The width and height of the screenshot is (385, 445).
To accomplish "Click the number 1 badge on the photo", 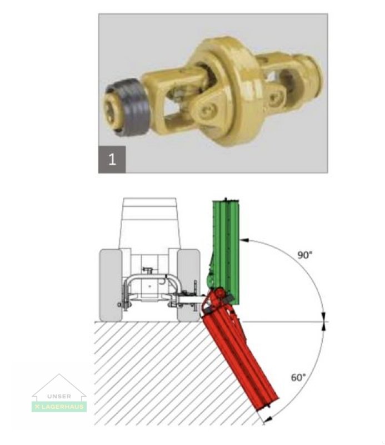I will pyautogui.click(x=112, y=160).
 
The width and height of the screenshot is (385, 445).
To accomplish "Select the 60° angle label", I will pyautogui.click(x=298, y=377).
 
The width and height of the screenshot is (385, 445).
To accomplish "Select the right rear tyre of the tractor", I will pyautogui.click(x=188, y=284).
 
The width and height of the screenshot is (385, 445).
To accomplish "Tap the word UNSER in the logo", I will pyautogui.click(x=59, y=396).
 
